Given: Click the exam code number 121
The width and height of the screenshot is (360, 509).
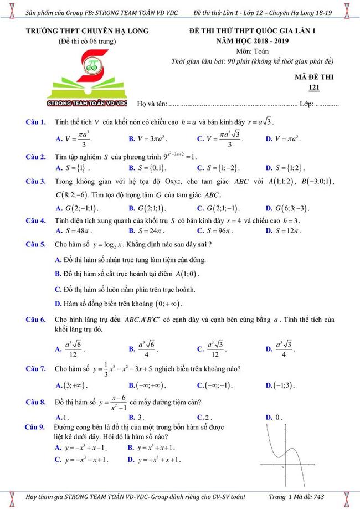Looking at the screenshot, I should click(314, 87).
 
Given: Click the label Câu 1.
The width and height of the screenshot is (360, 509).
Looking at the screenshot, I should click(36, 122).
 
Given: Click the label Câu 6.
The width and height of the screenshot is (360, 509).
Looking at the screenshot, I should click(36, 320).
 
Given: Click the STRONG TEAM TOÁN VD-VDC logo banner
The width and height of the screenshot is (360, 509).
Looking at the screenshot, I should click(88, 102).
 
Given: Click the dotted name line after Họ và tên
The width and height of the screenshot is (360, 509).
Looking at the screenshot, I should click(233, 104).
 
